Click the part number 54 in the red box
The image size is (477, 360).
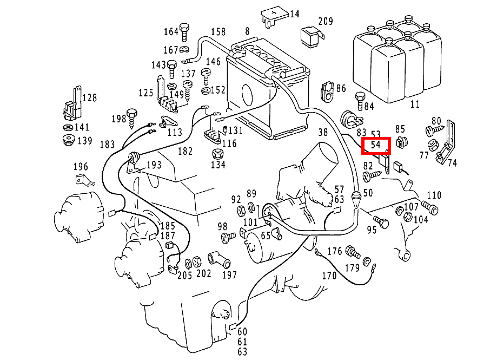click(376, 146)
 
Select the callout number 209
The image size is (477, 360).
click(326, 22)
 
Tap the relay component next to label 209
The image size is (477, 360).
click(311, 34)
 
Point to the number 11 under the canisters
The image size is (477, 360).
click(415, 103)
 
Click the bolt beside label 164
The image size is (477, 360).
click(184, 32)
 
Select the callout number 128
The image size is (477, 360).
click(89, 98)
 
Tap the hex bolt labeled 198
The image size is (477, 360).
click(132, 115)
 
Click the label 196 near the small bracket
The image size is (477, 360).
click(81, 167)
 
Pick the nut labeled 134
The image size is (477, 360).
click(218, 154)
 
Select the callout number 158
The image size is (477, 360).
click(218, 31)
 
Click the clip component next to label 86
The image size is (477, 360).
click(328, 91)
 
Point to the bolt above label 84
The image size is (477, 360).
click(360, 99)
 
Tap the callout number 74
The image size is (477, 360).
click(452, 162)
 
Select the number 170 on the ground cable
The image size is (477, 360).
click(329, 276)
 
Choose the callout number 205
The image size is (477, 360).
click(184, 274)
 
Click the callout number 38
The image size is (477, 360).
click(323, 132)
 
